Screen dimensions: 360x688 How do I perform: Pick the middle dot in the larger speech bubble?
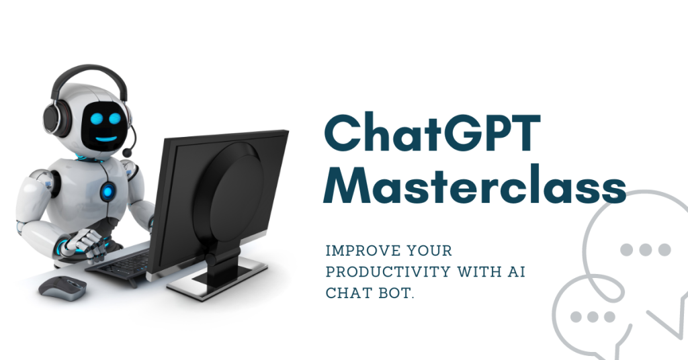(x=645, y=250)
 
